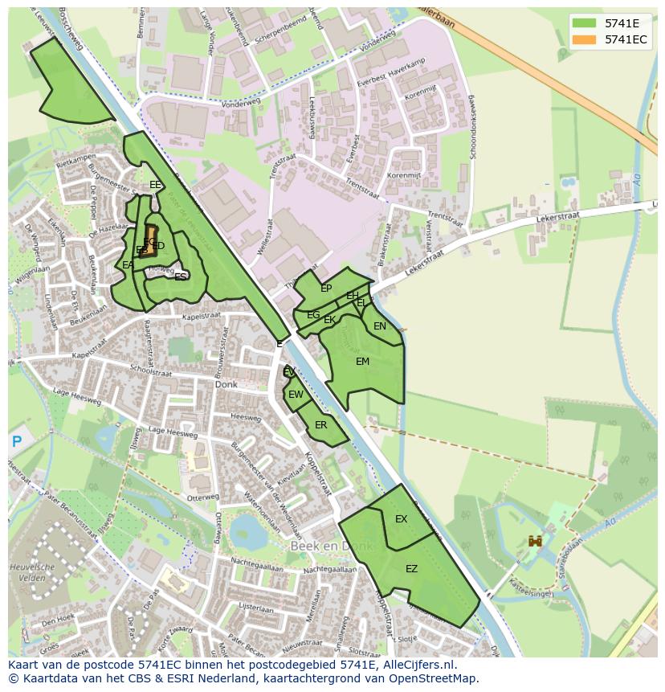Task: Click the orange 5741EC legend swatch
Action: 585,39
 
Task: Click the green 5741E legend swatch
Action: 585,23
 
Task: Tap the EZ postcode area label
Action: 411,569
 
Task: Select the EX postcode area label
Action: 401,519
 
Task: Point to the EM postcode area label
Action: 362,362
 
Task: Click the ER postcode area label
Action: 320,425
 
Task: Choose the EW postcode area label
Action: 296,395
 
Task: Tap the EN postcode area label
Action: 380,326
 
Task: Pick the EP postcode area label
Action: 326,289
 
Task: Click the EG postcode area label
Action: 313,315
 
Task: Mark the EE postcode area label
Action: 155,185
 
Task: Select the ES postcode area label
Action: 181,276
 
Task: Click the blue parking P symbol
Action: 17,441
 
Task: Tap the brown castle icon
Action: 535,542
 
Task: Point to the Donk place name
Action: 226,385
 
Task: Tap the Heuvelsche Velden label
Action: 32,572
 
